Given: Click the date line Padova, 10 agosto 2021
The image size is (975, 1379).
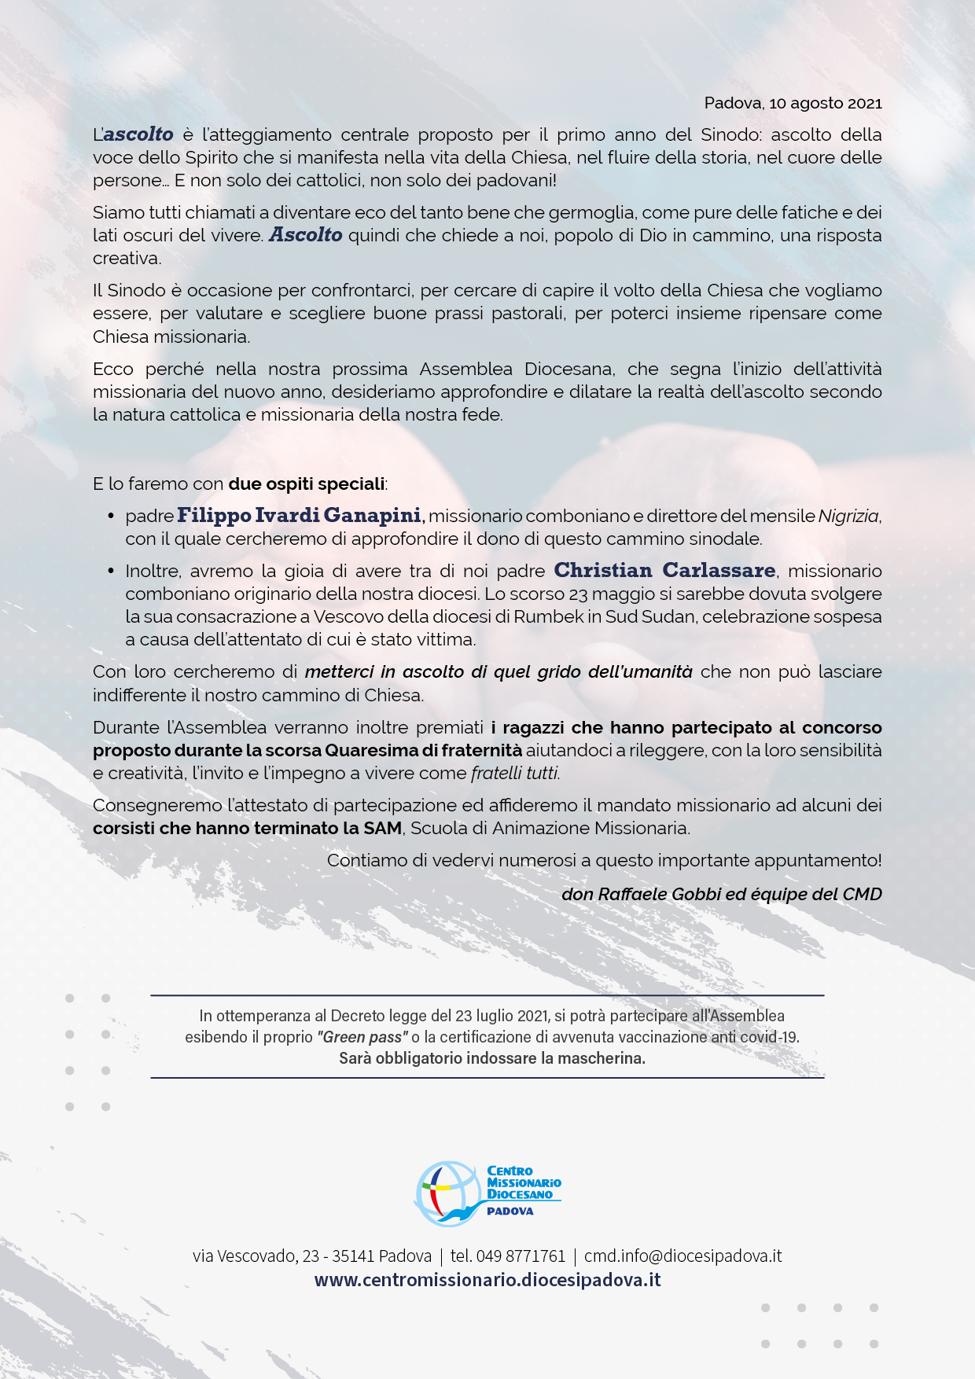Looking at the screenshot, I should pyautogui.click(x=793, y=103).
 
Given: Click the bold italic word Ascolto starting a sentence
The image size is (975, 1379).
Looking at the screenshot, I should pyautogui.click(x=306, y=235).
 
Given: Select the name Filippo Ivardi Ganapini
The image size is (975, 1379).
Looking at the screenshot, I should pyautogui.click(x=300, y=516).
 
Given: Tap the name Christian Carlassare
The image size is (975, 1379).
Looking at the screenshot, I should pyautogui.click(x=664, y=571).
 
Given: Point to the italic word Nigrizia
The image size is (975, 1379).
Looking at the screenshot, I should pyautogui.click(x=848, y=517).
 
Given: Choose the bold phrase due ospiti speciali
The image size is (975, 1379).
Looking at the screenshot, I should pyautogui.click(x=307, y=484).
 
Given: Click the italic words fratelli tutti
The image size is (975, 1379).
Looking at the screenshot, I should pyautogui.click(x=515, y=774).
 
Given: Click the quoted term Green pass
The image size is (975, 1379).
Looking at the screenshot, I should pyautogui.click(x=362, y=1037).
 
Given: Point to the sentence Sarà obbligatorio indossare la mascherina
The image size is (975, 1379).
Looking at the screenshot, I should pyautogui.click(x=492, y=1058).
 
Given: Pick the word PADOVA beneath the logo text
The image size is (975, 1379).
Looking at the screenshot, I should pyautogui.click(x=510, y=1212).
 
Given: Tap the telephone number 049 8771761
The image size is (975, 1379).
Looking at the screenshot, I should pyautogui.click(x=521, y=1256).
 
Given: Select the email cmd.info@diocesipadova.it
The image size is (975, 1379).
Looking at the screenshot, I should pyautogui.click(x=682, y=1256).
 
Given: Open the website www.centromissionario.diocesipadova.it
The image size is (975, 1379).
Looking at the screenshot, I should pyautogui.click(x=487, y=1280).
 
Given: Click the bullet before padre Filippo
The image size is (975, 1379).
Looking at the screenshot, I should pyautogui.click(x=111, y=516).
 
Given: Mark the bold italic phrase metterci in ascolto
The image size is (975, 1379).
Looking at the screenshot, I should pyautogui.click(x=384, y=672).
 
